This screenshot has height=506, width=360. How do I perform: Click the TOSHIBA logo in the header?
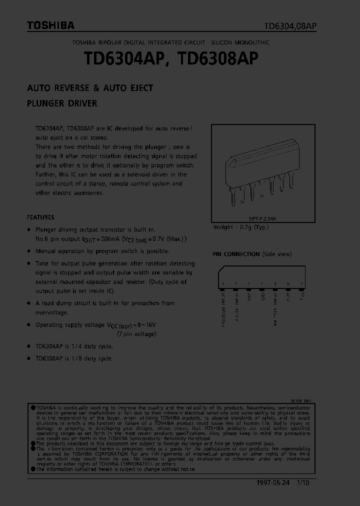click(50, 25)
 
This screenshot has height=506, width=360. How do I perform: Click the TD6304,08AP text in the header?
click(290, 26)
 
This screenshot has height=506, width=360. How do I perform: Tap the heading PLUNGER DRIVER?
click(62, 104)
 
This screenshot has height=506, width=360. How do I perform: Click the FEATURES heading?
click(40, 217)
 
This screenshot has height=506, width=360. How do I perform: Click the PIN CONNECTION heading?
click(236, 254)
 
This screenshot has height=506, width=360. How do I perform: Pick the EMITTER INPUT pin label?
click(275, 307)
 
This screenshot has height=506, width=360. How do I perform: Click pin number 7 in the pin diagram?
click(301, 283)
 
